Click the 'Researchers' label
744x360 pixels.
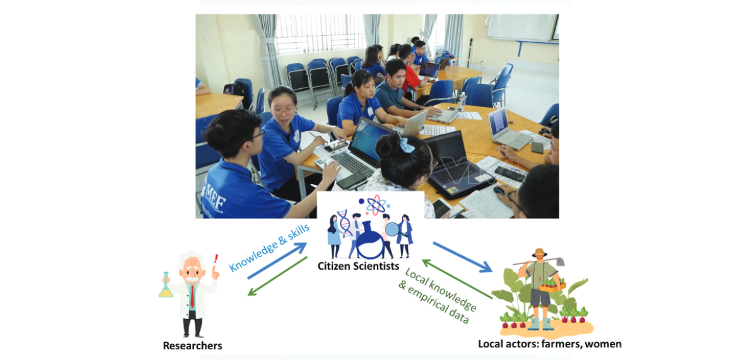(x=192, y=345)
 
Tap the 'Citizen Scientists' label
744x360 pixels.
(x=358, y=265)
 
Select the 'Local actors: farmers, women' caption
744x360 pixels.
(x=549, y=344)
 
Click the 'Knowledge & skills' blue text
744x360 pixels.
(x=269, y=247)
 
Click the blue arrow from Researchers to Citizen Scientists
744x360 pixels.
(x=277, y=261)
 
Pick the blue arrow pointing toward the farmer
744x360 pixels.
(x=463, y=258)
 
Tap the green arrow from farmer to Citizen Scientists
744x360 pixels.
(x=457, y=279)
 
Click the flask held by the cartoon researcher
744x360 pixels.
(x=166, y=286)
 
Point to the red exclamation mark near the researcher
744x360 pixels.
(x=216, y=259)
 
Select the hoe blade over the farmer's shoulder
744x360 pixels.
(x=559, y=262)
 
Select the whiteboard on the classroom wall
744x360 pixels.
(x=523, y=27)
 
